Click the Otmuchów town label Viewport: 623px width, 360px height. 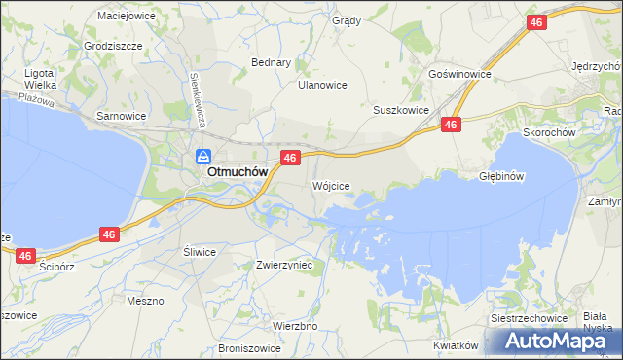[x=238, y=173]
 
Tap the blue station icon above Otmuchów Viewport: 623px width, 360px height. [x=203, y=156]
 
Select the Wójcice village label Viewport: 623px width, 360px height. [x=330, y=185]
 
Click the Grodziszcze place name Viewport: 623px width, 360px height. [x=113, y=46]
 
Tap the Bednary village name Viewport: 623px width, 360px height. [x=272, y=62]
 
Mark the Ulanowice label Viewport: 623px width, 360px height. [x=322, y=85]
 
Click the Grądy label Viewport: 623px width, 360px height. [x=346, y=20]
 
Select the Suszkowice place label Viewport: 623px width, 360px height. [x=401, y=111]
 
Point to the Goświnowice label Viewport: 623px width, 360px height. [x=459, y=74]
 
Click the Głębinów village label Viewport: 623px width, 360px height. [x=502, y=177]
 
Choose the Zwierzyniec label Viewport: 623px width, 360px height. [x=283, y=265]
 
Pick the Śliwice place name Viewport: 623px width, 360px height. [x=200, y=251]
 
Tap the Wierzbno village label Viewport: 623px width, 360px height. [x=296, y=326]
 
